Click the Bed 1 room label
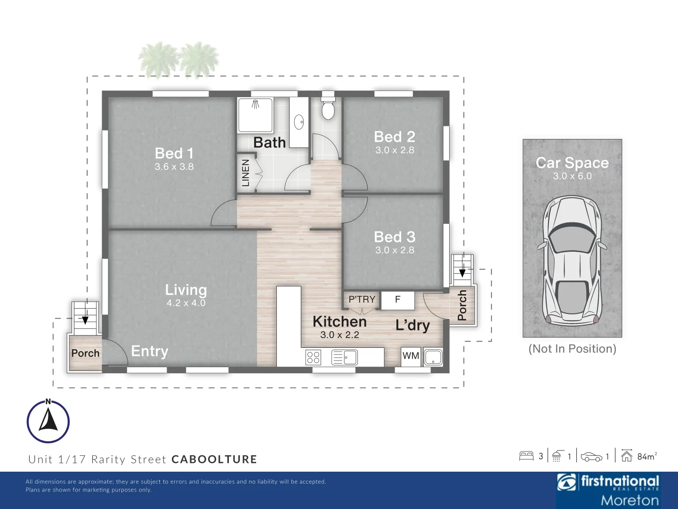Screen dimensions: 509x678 (174, 153)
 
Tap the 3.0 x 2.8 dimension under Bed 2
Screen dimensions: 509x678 (395, 150)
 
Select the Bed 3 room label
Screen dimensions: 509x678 (395, 237)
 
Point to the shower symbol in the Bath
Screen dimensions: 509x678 (255, 115)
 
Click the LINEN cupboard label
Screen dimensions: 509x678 (245, 173)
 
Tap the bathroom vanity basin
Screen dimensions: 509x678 (299, 123)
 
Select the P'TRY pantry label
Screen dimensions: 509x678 (362, 299)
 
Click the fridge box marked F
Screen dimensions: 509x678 (398, 300)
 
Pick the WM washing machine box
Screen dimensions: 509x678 (411, 356)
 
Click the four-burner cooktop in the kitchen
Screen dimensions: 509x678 (314, 357)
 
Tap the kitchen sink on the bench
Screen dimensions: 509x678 (345, 357)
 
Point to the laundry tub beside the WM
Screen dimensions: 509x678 (433, 357)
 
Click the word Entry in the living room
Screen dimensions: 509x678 (149, 351)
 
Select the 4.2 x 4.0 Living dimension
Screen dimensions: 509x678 (186, 303)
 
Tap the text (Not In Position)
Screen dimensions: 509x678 (572, 349)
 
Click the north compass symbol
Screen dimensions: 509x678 (48, 421)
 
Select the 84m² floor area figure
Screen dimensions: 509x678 (646, 456)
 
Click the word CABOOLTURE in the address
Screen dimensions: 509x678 (214, 460)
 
